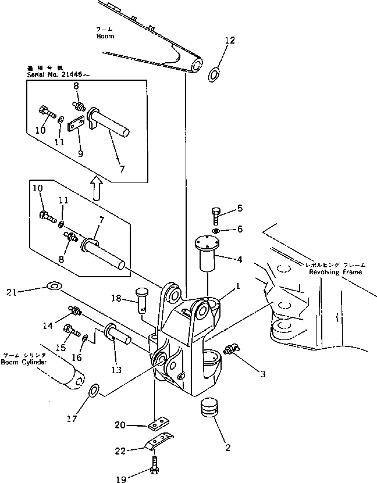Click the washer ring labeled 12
click(x=214, y=74)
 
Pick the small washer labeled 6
click(x=216, y=231)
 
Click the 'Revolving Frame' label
click(x=336, y=271)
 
